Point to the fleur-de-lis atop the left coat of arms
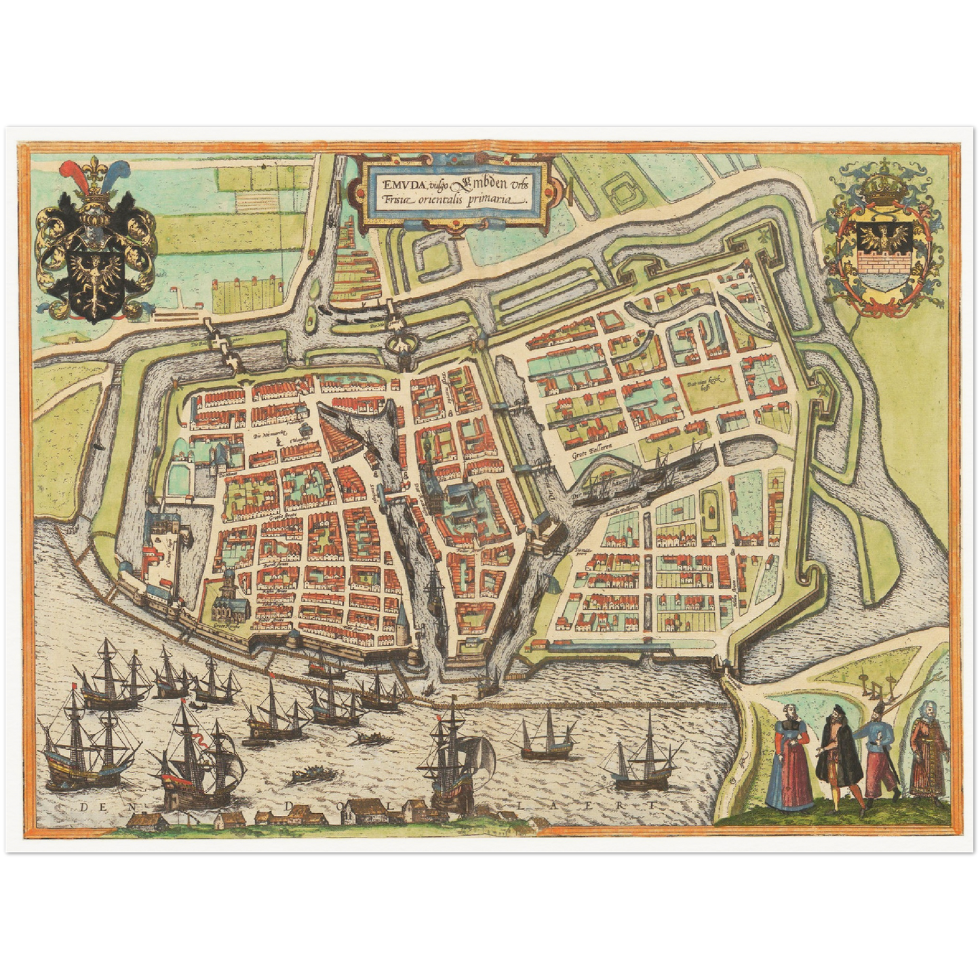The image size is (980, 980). tap(91, 170)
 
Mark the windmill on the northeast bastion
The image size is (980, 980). tap(766, 235)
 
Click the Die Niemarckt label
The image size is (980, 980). tap(271, 433)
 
